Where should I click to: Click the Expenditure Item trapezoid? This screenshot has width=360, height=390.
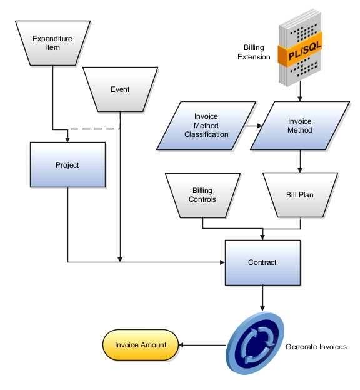click(x=52, y=43)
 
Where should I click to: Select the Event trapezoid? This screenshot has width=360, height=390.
click(x=120, y=89)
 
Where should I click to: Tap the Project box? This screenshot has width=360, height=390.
click(x=67, y=164)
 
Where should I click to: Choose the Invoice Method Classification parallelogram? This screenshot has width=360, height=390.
click(x=206, y=126)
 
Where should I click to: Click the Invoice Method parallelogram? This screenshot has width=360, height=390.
click(x=300, y=126)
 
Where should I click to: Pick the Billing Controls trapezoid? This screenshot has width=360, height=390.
click(x=202, y=196)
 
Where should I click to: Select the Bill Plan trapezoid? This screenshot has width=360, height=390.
click(x=300, y=196)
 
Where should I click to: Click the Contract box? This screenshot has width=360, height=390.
click(x=262, y=262)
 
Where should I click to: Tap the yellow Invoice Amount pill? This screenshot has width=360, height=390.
click(x=141, y=345)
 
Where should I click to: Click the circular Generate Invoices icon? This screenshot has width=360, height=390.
click(x=255, y=343)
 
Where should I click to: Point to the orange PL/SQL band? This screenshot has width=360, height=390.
click(x=300, y=50)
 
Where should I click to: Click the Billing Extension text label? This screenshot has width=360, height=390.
click(x=254, y=52)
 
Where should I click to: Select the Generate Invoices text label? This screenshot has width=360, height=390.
click(x=316, y=347)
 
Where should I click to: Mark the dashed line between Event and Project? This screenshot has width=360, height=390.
click(x=95, y=129)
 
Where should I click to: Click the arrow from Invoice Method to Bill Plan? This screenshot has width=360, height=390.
click(x=300, y=161)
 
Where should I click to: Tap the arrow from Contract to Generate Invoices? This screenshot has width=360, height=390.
click(x=262, y=298)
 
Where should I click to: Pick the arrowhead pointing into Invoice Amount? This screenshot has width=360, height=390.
click(x=181, y=345)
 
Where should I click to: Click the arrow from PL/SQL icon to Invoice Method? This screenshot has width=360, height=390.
click(x=300, y=91)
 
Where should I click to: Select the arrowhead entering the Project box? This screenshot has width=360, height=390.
click(x=67, y=139)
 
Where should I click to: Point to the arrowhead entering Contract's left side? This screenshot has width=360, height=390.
click(x=222, y=262)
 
